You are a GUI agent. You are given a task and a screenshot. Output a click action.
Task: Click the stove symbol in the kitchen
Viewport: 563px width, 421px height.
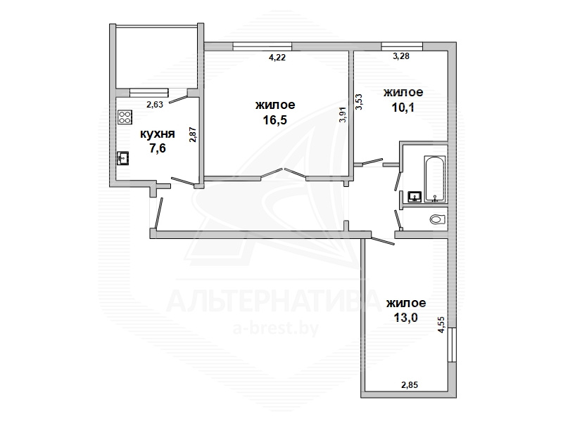click(125, 117)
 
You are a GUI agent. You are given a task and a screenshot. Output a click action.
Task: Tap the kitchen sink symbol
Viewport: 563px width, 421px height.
click(122, 157)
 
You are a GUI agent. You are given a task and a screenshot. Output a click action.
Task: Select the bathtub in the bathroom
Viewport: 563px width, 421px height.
click(435, 179)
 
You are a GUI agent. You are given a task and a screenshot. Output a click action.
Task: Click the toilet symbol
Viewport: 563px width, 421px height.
click(438, 219)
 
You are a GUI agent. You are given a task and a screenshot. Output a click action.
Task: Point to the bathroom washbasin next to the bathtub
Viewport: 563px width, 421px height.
click(415, 197)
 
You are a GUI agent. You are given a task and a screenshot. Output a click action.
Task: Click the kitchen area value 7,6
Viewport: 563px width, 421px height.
click(157, 148)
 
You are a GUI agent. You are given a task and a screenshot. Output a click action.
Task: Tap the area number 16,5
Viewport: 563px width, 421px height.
click(275, 119)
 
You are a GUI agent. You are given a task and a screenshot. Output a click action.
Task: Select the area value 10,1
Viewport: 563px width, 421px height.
click(403, 107)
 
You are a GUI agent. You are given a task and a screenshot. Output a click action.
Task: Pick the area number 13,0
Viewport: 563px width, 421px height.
click(406, 318)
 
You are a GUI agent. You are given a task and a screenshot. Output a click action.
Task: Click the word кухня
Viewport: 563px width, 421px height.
click(157, 134)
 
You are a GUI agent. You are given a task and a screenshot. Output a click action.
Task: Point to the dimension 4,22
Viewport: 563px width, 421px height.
click(277, 58)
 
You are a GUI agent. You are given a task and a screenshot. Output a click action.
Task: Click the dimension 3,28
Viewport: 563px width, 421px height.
click(400, 56)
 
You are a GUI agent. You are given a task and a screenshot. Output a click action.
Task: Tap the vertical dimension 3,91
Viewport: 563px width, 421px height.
click(343, 115)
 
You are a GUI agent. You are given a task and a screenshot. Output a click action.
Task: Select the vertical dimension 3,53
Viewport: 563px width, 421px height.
click(359, 101)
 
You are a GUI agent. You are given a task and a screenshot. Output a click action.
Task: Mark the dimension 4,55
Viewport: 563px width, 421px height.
click(441, 325)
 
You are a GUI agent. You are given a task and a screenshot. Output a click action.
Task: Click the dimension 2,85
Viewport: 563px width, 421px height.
click(410, 385)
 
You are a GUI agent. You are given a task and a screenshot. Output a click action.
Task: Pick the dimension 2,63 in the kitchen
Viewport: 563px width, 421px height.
click(155, 105)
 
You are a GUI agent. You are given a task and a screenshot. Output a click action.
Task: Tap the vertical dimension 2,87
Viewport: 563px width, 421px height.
click(193, 135)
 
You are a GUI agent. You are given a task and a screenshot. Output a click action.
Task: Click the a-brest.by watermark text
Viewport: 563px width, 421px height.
click(276, 328)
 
